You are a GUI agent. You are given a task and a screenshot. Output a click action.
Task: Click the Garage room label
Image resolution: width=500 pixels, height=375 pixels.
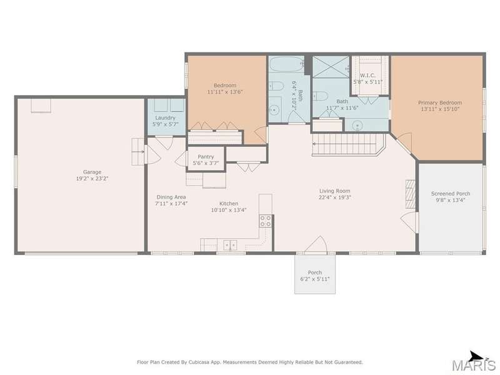tap(92, 172)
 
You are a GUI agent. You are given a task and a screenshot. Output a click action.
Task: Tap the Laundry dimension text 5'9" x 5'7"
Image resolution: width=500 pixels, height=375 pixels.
tap(165, 124)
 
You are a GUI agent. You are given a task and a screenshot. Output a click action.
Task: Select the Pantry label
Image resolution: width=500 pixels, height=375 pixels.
tap(206, 157)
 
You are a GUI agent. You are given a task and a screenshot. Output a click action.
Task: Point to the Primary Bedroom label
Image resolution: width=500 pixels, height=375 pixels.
tap(440, 102)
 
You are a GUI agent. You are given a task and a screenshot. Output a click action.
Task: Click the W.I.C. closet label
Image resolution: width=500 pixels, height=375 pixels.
tap(367, 76)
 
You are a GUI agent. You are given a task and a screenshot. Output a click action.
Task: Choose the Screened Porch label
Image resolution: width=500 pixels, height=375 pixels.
tap(451, 194)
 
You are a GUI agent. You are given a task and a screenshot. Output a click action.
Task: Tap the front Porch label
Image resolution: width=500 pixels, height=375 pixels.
tap(315, 272)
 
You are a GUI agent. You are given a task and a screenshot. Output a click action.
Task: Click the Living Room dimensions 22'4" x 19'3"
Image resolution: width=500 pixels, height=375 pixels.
tap(335, 197)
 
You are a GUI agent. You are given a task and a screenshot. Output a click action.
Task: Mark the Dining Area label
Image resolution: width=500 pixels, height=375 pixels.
tap(171, 197)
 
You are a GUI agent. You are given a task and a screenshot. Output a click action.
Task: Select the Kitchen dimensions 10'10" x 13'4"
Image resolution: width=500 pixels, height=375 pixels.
tap(229, 210)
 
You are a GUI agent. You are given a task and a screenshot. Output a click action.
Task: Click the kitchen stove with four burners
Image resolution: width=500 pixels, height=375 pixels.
tap(265, 221)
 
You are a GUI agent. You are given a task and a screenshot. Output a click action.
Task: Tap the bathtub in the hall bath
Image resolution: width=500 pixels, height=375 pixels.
tap(287, 64)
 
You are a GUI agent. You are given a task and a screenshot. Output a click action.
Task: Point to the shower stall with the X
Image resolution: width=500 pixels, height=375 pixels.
tap(331, 67)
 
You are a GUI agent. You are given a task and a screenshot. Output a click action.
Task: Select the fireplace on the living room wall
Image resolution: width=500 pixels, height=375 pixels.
tap(411, 194)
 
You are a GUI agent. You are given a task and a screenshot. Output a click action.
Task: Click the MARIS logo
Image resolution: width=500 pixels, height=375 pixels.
tap(474, 364)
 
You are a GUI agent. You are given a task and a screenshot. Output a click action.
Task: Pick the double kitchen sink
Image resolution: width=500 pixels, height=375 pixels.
tap(230, 245)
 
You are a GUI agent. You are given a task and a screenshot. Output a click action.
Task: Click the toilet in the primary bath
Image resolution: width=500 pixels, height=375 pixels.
tap(320, 96)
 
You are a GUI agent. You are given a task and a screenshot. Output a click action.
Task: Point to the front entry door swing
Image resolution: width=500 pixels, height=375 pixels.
tap(316, 245)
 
